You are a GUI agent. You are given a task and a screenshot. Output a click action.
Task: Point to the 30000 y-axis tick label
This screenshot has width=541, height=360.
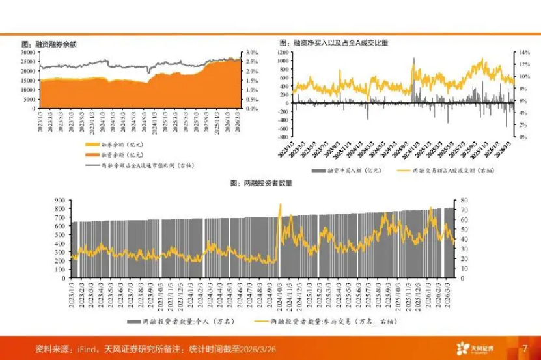(x=28, y=52)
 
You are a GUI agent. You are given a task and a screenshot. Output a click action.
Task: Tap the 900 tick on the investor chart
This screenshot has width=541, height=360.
(x=61, y=200)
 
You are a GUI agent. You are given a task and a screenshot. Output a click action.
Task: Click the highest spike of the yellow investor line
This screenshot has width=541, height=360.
(x=281, y=204)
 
